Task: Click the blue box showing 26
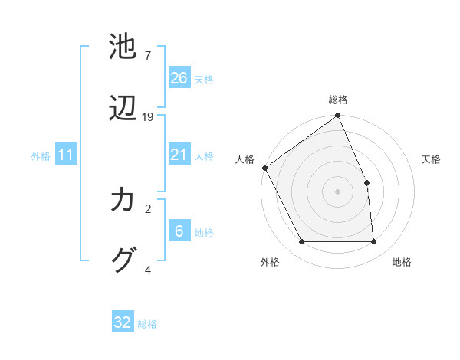pos(179,78)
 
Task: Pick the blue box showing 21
pos(179,155)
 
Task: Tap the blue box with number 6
pos(179,231)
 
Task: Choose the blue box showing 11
pos(66,155)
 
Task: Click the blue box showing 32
pos(123,322)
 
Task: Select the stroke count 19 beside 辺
pos(148,117)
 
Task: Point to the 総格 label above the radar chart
pos(338,100)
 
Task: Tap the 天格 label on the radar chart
pos(431,159)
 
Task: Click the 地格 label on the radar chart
pos(402,262)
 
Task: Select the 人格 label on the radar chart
pos(245,159)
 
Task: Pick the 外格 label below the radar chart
pos(270,262)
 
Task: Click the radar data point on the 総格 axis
pos(338,116)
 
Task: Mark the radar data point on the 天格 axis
pos(366,182)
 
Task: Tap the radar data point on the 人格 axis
pos(264,168)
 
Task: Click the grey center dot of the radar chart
pos(338,191)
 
